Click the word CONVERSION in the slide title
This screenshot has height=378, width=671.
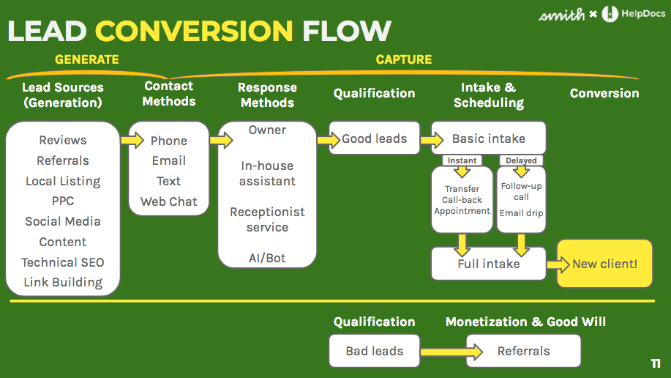[x=194, y=31]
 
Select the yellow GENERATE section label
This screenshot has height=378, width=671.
[x=86, y=59]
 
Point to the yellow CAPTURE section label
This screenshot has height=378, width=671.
[x=403, y=59]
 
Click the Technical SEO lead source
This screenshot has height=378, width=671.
[x=63, y=262]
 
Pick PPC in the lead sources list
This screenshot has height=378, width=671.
[x=63, y=201]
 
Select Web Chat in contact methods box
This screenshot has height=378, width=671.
[x=168, y=201]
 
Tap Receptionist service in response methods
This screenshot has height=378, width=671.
[x=267, y=220]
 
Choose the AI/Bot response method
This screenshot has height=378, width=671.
[x=267, y=258]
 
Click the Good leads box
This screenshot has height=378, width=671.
[x=374, y=138]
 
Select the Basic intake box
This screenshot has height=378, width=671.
[x=488, y=138]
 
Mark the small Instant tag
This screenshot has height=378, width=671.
[x=462, y=160]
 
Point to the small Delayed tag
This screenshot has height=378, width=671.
[x=521, y=160]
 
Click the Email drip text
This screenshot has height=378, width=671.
[x=521, y=213]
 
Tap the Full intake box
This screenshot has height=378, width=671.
[x=488, y=264]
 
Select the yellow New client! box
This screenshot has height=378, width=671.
[x=604, y=263]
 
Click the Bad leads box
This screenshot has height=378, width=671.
[x=374, y=351]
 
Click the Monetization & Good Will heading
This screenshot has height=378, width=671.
[x=525, y=322]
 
